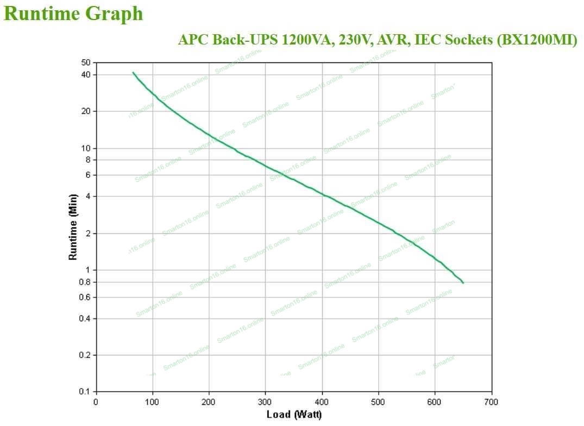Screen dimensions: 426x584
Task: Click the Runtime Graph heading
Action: [x=73, y=14]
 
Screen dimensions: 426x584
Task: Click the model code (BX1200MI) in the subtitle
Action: [x=537, y=40]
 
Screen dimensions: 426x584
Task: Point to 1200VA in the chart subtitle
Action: [x=306, y=40]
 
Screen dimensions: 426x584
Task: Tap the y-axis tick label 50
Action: [x=86, y=63]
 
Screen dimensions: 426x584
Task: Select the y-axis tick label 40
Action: [x=86, y=75]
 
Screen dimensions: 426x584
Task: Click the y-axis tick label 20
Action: [x=86, y=111]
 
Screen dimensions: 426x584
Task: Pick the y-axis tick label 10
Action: [x=86, y=148]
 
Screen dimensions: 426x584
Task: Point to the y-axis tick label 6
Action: [x=89, y=175]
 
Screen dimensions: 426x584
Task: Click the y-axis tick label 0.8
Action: [x=85, y=282]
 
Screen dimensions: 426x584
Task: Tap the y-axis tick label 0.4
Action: [x=85, y=319]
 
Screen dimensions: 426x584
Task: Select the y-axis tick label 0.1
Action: [x=85, y=392]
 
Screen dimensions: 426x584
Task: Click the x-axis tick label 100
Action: [x=153, y=402]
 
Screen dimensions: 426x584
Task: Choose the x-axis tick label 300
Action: [x=265, y=402]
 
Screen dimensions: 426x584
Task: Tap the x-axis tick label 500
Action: [x=378, y=402]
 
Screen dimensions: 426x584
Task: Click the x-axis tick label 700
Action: [x=491, y=402]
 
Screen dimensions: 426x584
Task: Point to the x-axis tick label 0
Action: [x=96, y=402]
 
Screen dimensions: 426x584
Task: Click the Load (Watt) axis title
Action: [x=294, y=415]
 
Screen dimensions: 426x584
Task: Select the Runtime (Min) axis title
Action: [x=73, y=226]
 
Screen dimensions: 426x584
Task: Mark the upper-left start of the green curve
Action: [x=133, y=72]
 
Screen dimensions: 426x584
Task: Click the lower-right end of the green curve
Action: [x=463, y=283]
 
